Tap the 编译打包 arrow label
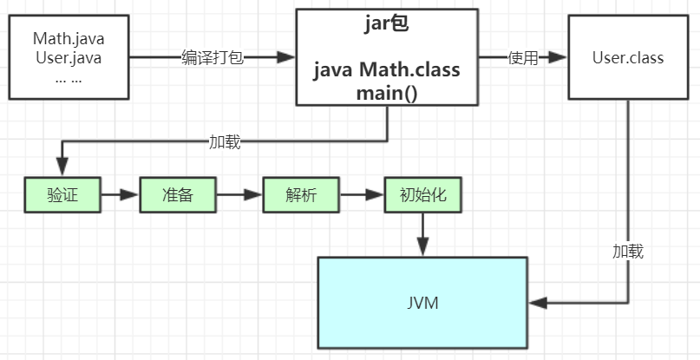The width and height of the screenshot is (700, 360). (x=213, y=57)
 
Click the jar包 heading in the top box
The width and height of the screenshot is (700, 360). (x=387, y=24)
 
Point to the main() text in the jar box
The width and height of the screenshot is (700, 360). (x=387, y=92)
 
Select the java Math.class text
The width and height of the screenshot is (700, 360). (x=387, y=69)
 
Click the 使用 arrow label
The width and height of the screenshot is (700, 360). (x=523, y=58)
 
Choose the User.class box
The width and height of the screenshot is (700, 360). (x=628, y=58)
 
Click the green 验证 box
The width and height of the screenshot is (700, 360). (x=62, y=195)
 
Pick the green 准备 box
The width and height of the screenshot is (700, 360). (x=177, y=195)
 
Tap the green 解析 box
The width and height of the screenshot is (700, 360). (x=301, y=195)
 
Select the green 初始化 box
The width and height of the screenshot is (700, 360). (x=423, y=195)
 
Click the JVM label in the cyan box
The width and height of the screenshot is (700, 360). (x=422, y=304)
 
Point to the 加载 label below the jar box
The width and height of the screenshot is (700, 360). (x=225, y=141)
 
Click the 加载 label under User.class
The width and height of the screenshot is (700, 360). (x=628, y=252)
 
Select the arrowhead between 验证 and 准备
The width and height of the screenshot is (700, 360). (x=131, y=195)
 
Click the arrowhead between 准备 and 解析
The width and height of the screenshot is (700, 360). (x=253, y=195)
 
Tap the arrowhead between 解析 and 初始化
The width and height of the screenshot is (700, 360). (x=376, y=195)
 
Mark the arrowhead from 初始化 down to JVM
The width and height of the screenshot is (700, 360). (x=423, y=247)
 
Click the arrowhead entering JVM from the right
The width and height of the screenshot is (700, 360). (x=538, y=303)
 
